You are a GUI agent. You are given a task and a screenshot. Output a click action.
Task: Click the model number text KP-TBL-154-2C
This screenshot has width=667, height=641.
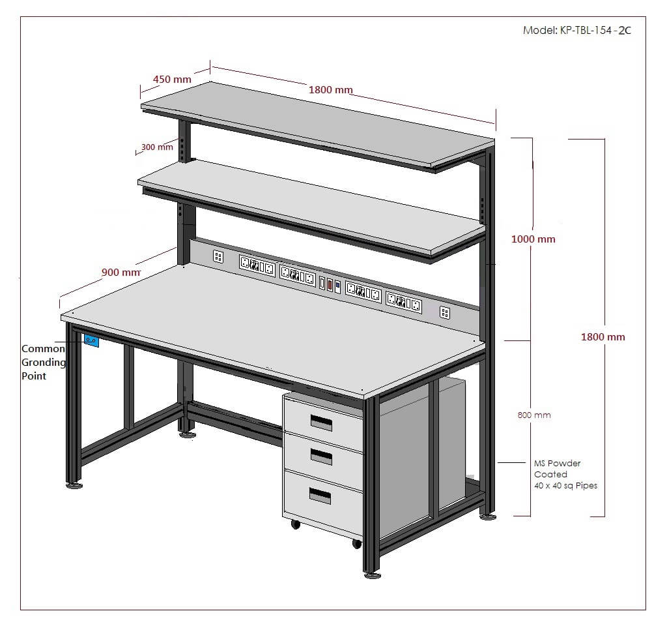click(x=595, y=30)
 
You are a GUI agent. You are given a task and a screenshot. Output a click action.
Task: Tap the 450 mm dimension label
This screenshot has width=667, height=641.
click(x=172, y=79)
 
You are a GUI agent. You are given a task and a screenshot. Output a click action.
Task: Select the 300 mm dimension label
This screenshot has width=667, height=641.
click(x=157, y=147)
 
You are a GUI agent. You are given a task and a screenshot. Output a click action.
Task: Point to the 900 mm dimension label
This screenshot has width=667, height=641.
click(x=121, y=272)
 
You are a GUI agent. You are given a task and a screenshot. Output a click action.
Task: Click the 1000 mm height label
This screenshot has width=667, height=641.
click(x=533, y=239)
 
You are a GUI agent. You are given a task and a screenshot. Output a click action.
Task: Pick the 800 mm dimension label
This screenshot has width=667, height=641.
click(x=534, y=415)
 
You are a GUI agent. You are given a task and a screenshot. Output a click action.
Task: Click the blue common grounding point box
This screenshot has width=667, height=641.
click(x=91, y=340)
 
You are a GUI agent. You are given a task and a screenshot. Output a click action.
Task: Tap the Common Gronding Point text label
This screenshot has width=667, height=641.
click(x=44, y=362)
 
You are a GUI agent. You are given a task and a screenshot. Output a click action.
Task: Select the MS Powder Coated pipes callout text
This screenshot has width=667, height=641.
click(x=565, y=474)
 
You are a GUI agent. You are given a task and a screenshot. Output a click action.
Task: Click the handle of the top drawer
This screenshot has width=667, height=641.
click(x=321, y=423)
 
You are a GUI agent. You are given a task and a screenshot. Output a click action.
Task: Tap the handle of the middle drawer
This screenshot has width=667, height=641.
click(x=321, y=456)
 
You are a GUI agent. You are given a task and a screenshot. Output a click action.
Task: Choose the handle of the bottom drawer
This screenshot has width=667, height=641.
click(x=320, y=496)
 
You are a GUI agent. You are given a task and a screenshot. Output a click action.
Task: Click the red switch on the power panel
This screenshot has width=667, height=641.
click(x=330, y=284)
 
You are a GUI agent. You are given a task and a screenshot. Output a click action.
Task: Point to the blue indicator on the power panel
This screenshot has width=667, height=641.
click(x=338, y=287)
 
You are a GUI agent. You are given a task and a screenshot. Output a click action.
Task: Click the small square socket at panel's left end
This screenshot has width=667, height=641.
click(x=218, y=256)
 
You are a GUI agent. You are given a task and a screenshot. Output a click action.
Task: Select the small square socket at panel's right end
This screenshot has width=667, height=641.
click(x=444, y=312)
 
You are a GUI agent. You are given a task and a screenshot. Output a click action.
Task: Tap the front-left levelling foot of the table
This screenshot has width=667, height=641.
click(x=74, y=484)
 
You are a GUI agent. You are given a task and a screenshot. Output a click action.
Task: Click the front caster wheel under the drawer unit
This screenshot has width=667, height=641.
click(x=356, y=543)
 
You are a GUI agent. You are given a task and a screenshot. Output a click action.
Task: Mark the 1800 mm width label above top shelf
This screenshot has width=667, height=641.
click(x=330, y=90)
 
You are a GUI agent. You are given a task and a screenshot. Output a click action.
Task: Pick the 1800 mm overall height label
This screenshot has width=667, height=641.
click(x=603, y=337)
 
